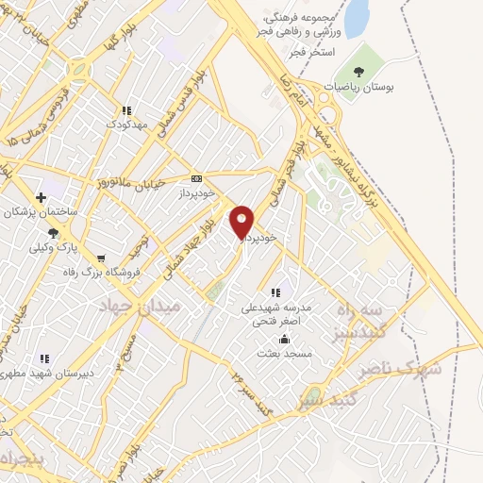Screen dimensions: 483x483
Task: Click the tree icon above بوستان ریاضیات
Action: click(x=358, y=72)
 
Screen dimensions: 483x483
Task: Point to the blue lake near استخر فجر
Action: click(x=357, y=19)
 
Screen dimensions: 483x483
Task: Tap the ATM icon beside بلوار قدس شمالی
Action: click(x=196, y=178)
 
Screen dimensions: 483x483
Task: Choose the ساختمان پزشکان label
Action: click(x=42, y=212)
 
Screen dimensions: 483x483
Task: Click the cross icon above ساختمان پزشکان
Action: click(x=41, y=197)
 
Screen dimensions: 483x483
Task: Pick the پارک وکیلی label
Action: click(x=53, y=248)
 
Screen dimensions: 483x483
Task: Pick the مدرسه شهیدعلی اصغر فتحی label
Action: click(x=284, y=313)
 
